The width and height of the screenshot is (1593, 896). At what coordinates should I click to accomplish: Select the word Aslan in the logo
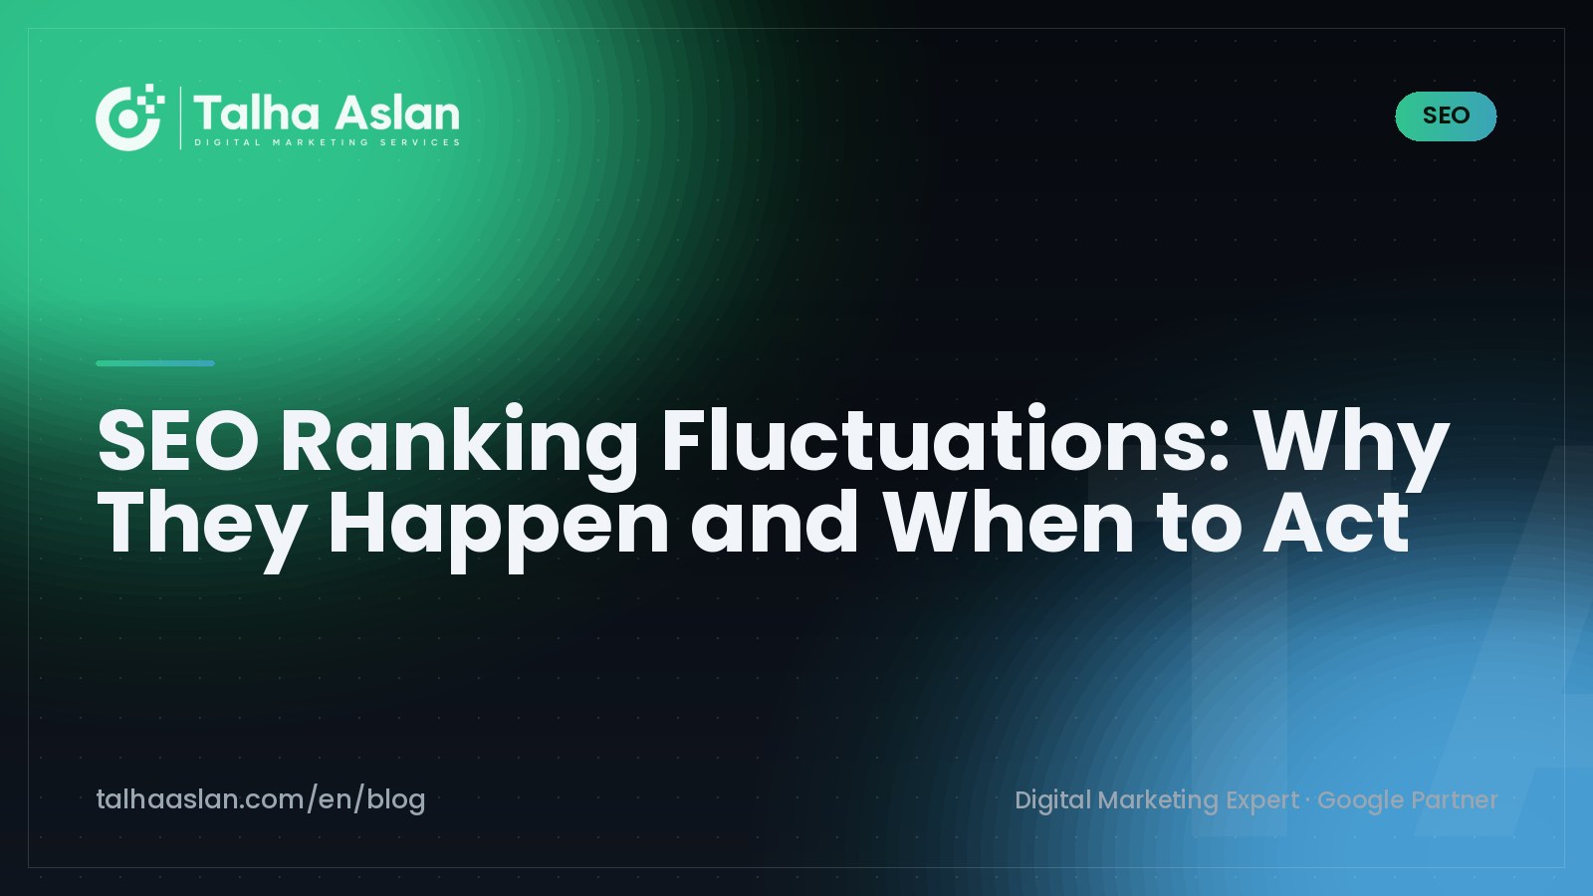[397, 113]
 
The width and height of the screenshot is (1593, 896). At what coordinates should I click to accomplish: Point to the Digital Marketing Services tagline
[328, 142]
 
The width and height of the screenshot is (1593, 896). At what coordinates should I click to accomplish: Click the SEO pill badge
[1446, 115]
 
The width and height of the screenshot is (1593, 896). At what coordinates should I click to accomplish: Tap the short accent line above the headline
[155, 363]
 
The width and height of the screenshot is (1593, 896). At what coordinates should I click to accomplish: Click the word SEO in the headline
[178, 441]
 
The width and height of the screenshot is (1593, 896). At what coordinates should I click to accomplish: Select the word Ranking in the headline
[459, 447]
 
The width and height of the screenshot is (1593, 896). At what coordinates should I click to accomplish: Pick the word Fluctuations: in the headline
[946, 439]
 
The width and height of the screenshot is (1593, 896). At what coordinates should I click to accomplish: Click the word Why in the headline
[1351, 447]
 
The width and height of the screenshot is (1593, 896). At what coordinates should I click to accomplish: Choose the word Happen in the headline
[498, 529]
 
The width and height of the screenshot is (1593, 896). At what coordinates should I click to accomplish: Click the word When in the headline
[1009, 522]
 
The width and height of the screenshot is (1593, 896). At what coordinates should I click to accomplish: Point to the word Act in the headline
[1335, 522]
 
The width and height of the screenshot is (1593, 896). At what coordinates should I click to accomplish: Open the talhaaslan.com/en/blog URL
[261, 800]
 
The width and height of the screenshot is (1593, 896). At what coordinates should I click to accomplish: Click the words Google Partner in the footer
[1408, 800]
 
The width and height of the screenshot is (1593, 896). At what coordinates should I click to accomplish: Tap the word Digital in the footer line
[1052, 800]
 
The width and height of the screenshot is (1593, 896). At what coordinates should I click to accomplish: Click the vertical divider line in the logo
[180, 117]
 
